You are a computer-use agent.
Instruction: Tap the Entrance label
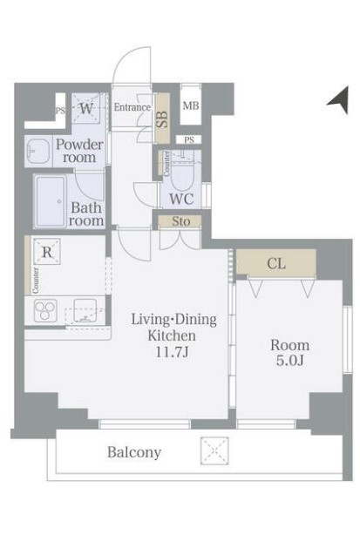[132, 107]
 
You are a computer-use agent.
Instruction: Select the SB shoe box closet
[162, 118]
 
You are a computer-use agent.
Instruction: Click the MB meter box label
[190, 105]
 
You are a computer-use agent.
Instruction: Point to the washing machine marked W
[86, 108]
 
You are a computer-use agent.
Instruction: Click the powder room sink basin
[38, 151]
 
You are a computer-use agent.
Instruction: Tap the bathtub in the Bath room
[51, 201]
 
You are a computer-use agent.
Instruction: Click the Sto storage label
[180, 221]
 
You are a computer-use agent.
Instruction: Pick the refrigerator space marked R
[47, 252]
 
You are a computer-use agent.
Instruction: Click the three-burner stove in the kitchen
[45, 310]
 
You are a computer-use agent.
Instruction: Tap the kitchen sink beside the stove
[85, 310]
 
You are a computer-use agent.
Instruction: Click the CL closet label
[276, 263]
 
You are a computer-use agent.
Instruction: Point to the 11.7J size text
[172, 352]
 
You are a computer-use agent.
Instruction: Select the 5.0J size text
[289, 361]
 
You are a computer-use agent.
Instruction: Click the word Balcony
[134, 452]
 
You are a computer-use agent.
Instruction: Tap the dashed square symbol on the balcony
[214, 450]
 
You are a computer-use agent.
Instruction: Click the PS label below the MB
[189, 140]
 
